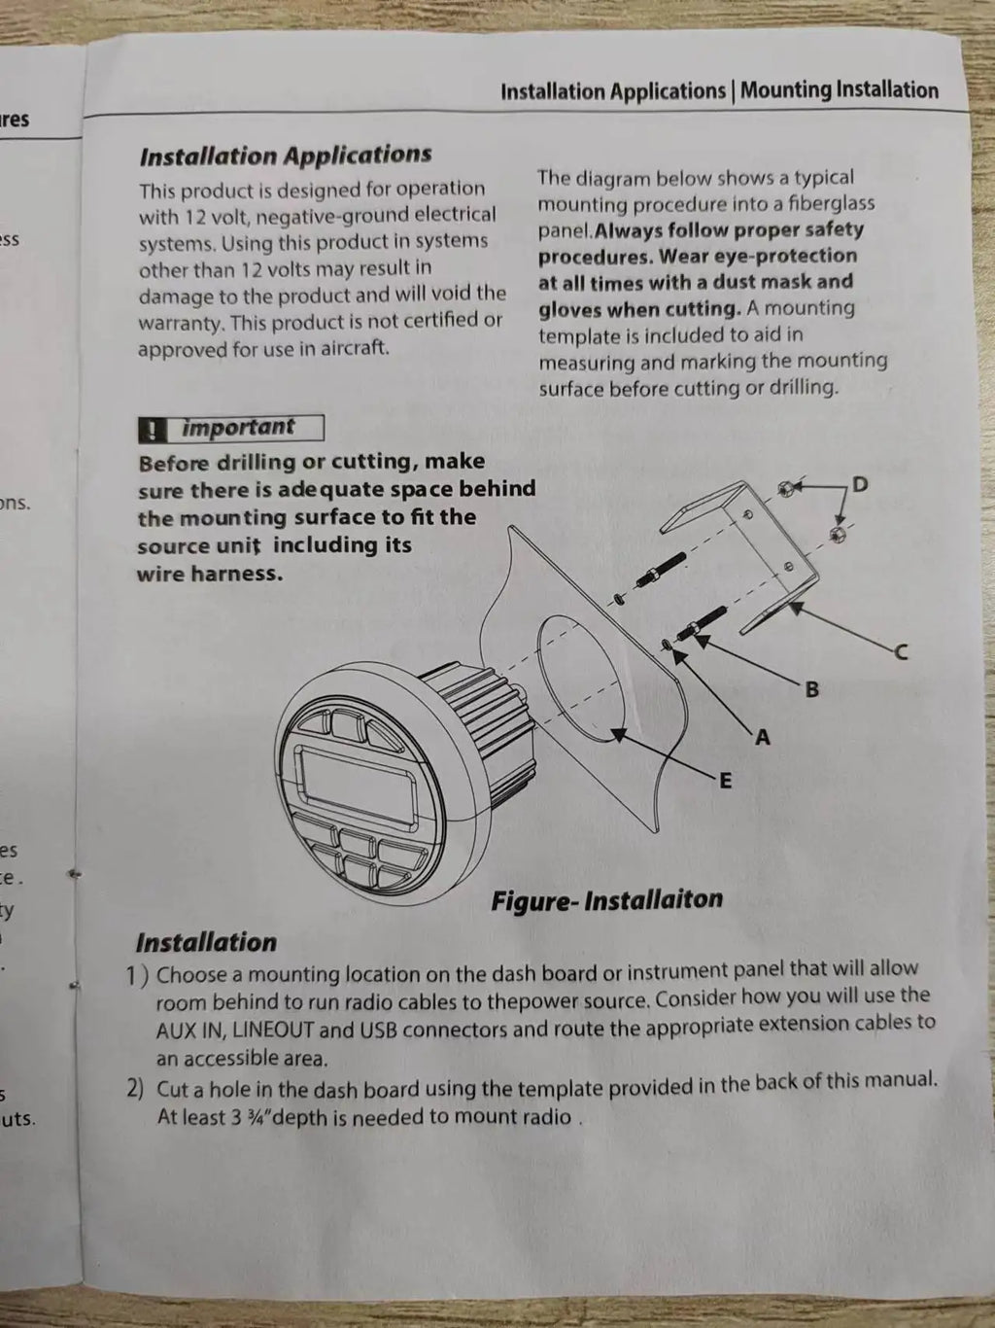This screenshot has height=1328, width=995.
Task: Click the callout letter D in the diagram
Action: (x=859, y=484)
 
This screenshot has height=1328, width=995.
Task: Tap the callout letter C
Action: (x=901, y=652)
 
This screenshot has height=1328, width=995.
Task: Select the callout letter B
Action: (x=811, y=689)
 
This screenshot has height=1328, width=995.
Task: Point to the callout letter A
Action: (x=764, y=738)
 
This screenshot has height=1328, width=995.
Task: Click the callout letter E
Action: (x=726, y=781)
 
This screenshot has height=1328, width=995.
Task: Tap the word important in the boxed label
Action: (x=238, y=427)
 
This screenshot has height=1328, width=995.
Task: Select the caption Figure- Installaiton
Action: (x=606, y=899)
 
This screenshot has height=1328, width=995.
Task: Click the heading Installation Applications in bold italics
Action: (x=286, y=156)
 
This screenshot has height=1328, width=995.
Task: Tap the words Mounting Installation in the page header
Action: (x=840, y=90)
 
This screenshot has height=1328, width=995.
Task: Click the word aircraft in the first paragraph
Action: (x=355, y=347)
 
